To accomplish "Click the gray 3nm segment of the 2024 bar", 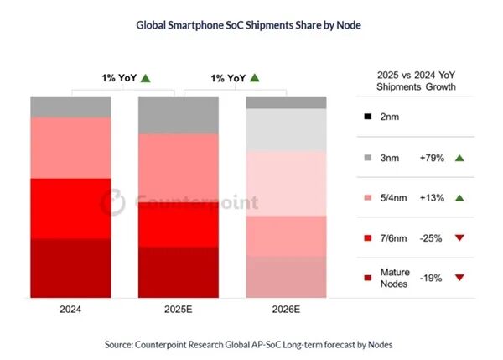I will point(70,107).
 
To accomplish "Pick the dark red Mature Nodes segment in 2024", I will point(70,269).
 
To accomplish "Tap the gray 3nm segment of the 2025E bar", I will point(177,115).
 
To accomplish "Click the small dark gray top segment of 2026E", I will point(285,102).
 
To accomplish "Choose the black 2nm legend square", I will point(371,117).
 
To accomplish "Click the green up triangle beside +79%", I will point(459,158).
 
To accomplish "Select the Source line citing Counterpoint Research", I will point(249,344).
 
